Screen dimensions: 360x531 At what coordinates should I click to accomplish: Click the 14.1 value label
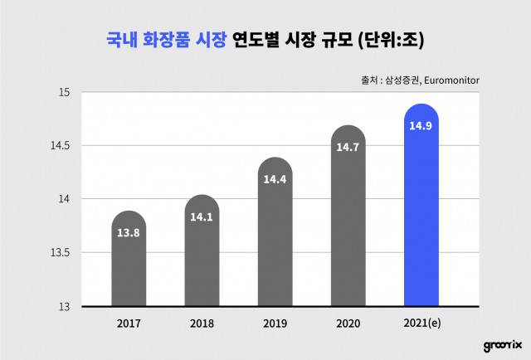[202, 218]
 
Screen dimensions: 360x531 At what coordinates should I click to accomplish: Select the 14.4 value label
[275, 179]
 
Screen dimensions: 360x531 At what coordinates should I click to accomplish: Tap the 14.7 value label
[348, 148]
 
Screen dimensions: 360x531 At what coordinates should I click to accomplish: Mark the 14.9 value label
[421, 126]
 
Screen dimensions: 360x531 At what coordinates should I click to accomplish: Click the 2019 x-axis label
[275, 324]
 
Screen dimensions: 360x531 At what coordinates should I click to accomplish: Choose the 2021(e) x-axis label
[421, 324]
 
